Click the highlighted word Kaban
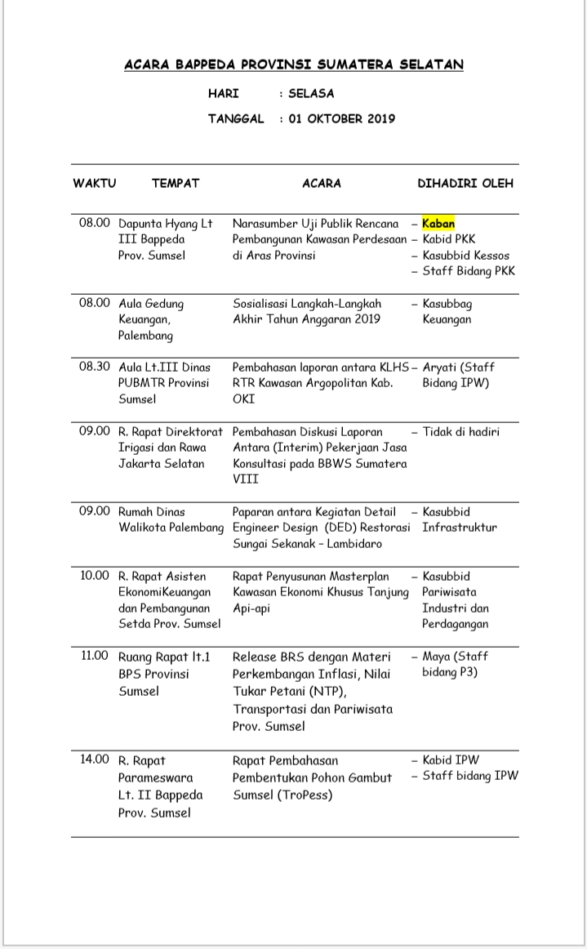tap(438, 223)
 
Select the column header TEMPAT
tap(175, 183)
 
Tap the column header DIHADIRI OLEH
tap(465, 183)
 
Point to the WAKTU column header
tap(94, 183)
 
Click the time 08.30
tap(94, 367)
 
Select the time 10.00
tap(94, 576)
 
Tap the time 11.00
tap(94, 655)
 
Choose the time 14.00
tap(94, 760)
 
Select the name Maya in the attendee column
tap(436, 656)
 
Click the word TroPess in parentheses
tap(305, 794)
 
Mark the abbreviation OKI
tap(243, 399)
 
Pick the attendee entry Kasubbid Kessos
tap(465, 255)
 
